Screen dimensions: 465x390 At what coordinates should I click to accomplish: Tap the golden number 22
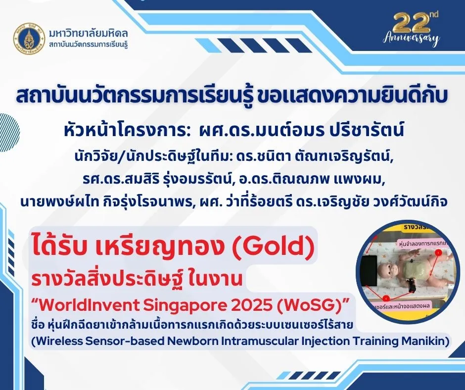412,22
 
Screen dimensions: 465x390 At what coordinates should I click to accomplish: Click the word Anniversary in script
412,39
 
